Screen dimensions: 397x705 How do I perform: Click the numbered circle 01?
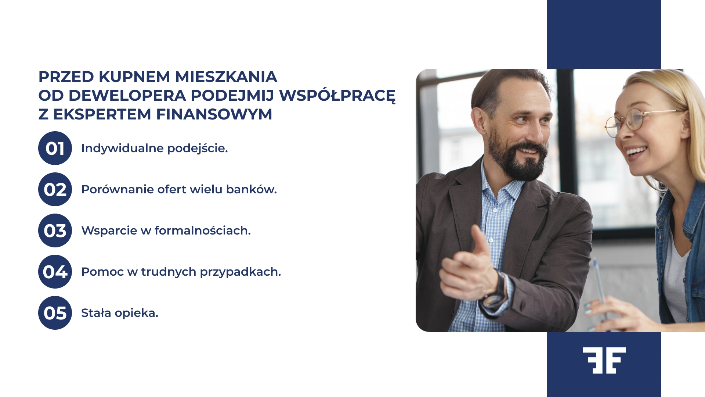(x=55, y=148)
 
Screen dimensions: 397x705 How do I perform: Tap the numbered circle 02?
(x=55, y=189)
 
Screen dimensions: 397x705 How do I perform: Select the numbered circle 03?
(x=55, y=230)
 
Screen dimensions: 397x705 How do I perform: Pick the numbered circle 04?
(x=55, y=272)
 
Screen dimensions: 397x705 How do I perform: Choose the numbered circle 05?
(x=55, y=313)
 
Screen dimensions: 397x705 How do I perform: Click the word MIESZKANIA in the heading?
(x=226, y=77)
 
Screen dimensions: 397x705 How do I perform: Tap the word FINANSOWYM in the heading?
(x=214, y=114)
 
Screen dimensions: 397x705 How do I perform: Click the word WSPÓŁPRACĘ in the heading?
(x=337, y=96)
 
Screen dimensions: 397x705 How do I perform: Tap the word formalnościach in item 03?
(x=202, y=230)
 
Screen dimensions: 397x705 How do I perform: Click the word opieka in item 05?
(x=136, y=313)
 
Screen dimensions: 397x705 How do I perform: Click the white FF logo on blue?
(x=604, y=360)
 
